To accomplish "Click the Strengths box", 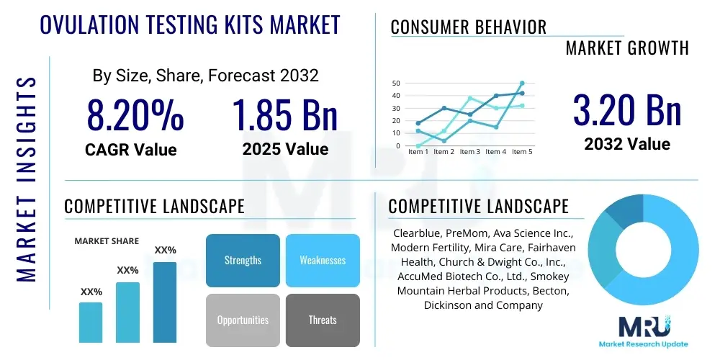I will pos(243,260).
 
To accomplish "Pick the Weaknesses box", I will pos(323,260).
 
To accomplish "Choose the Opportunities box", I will pos(243,320).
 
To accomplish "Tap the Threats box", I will pos(323,320).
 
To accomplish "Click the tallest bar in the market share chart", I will pos(165,302).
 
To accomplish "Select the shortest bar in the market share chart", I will pos(91,322).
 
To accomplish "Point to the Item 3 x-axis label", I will pos(469,152).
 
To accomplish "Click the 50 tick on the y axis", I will pos(395,84).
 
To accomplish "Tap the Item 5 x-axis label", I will pos(521,152).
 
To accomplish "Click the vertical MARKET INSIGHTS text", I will pos(26,178).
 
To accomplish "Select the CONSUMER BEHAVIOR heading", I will pos(468,27).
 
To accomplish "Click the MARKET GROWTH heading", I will pos(626,48).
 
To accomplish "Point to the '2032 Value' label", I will pos(626,144).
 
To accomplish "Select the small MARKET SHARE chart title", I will pos(107,241).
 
